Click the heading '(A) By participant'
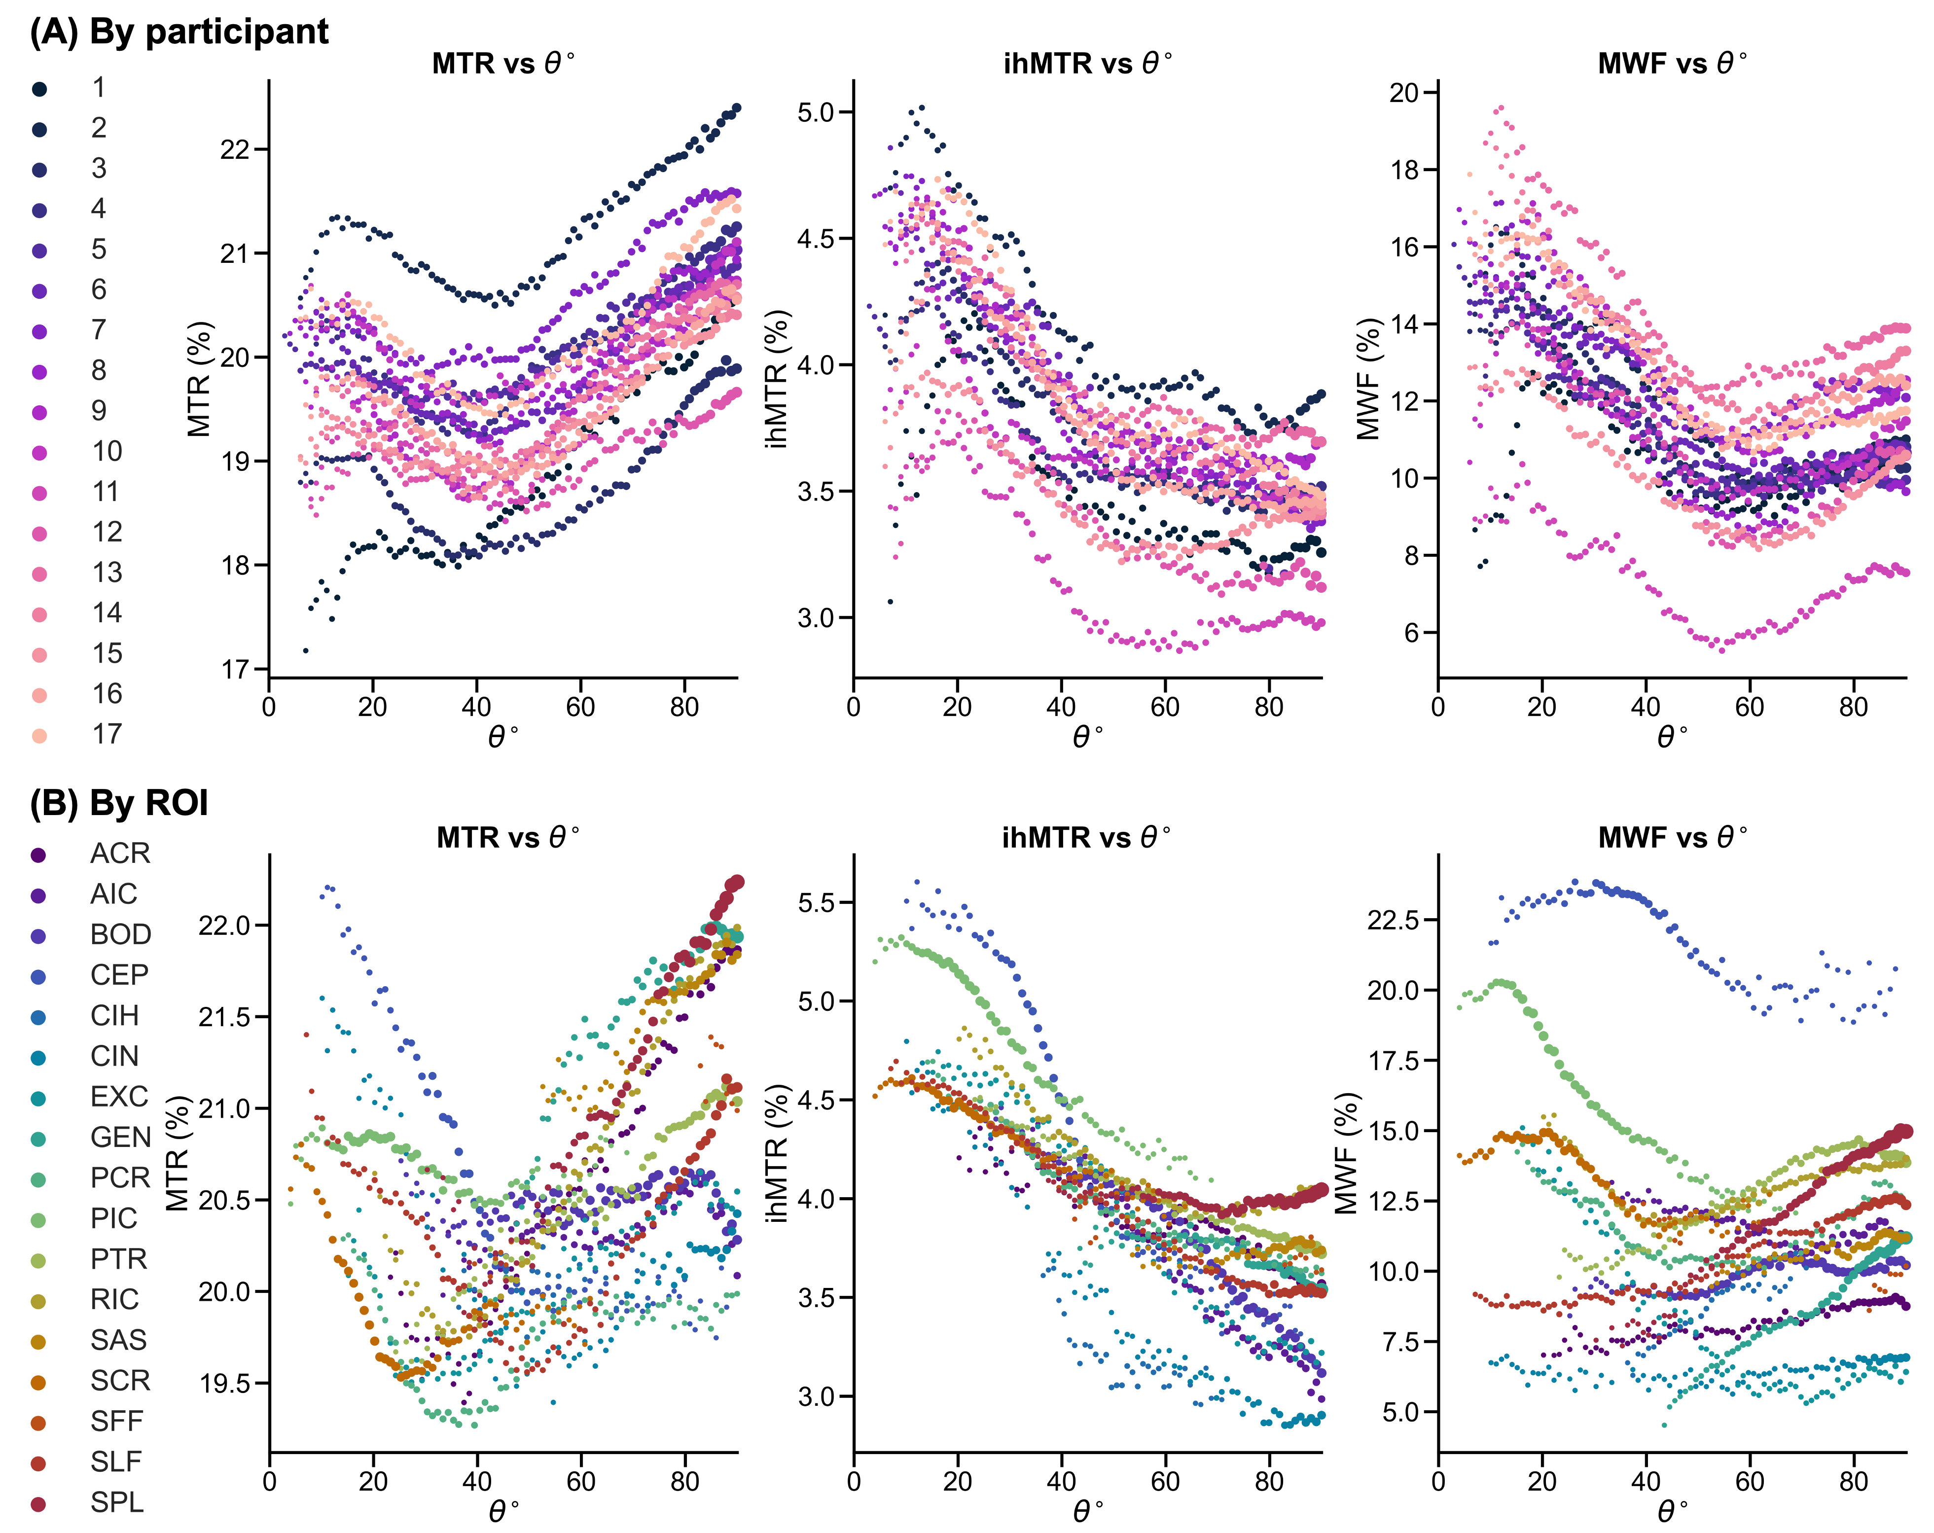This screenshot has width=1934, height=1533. pos(179,32)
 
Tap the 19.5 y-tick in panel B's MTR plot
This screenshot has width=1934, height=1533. pos(225,1383)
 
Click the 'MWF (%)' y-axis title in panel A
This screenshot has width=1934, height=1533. pos(1368,379)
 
